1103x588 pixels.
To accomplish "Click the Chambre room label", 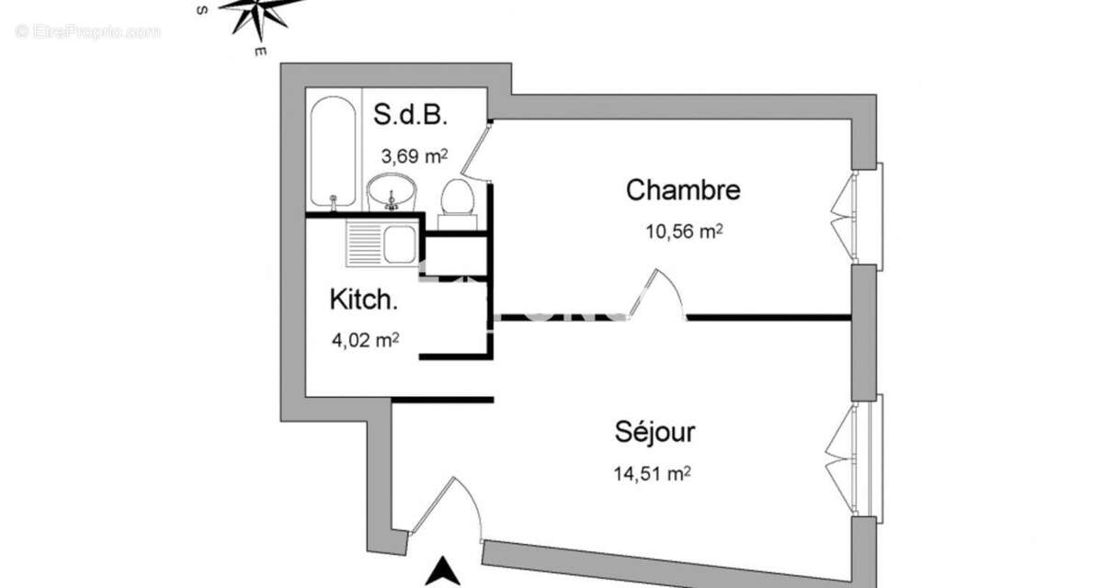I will coord(683,191).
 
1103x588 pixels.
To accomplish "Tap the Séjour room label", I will coord(654,432).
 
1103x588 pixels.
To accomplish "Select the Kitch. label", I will coord(363,300).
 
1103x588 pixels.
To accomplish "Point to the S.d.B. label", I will coord(410,116).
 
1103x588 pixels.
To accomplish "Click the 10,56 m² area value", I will coord(683,232).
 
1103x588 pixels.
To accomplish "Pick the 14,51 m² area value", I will coord(652,474).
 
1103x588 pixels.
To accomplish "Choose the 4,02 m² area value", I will coord(364,340).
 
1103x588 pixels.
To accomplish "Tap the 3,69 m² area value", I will coord(414,155).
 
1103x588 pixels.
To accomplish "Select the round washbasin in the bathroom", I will coord(392,193).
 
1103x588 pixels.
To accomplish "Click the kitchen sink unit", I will coord(382,243).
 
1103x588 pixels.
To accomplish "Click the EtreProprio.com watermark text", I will coord(88,31).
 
